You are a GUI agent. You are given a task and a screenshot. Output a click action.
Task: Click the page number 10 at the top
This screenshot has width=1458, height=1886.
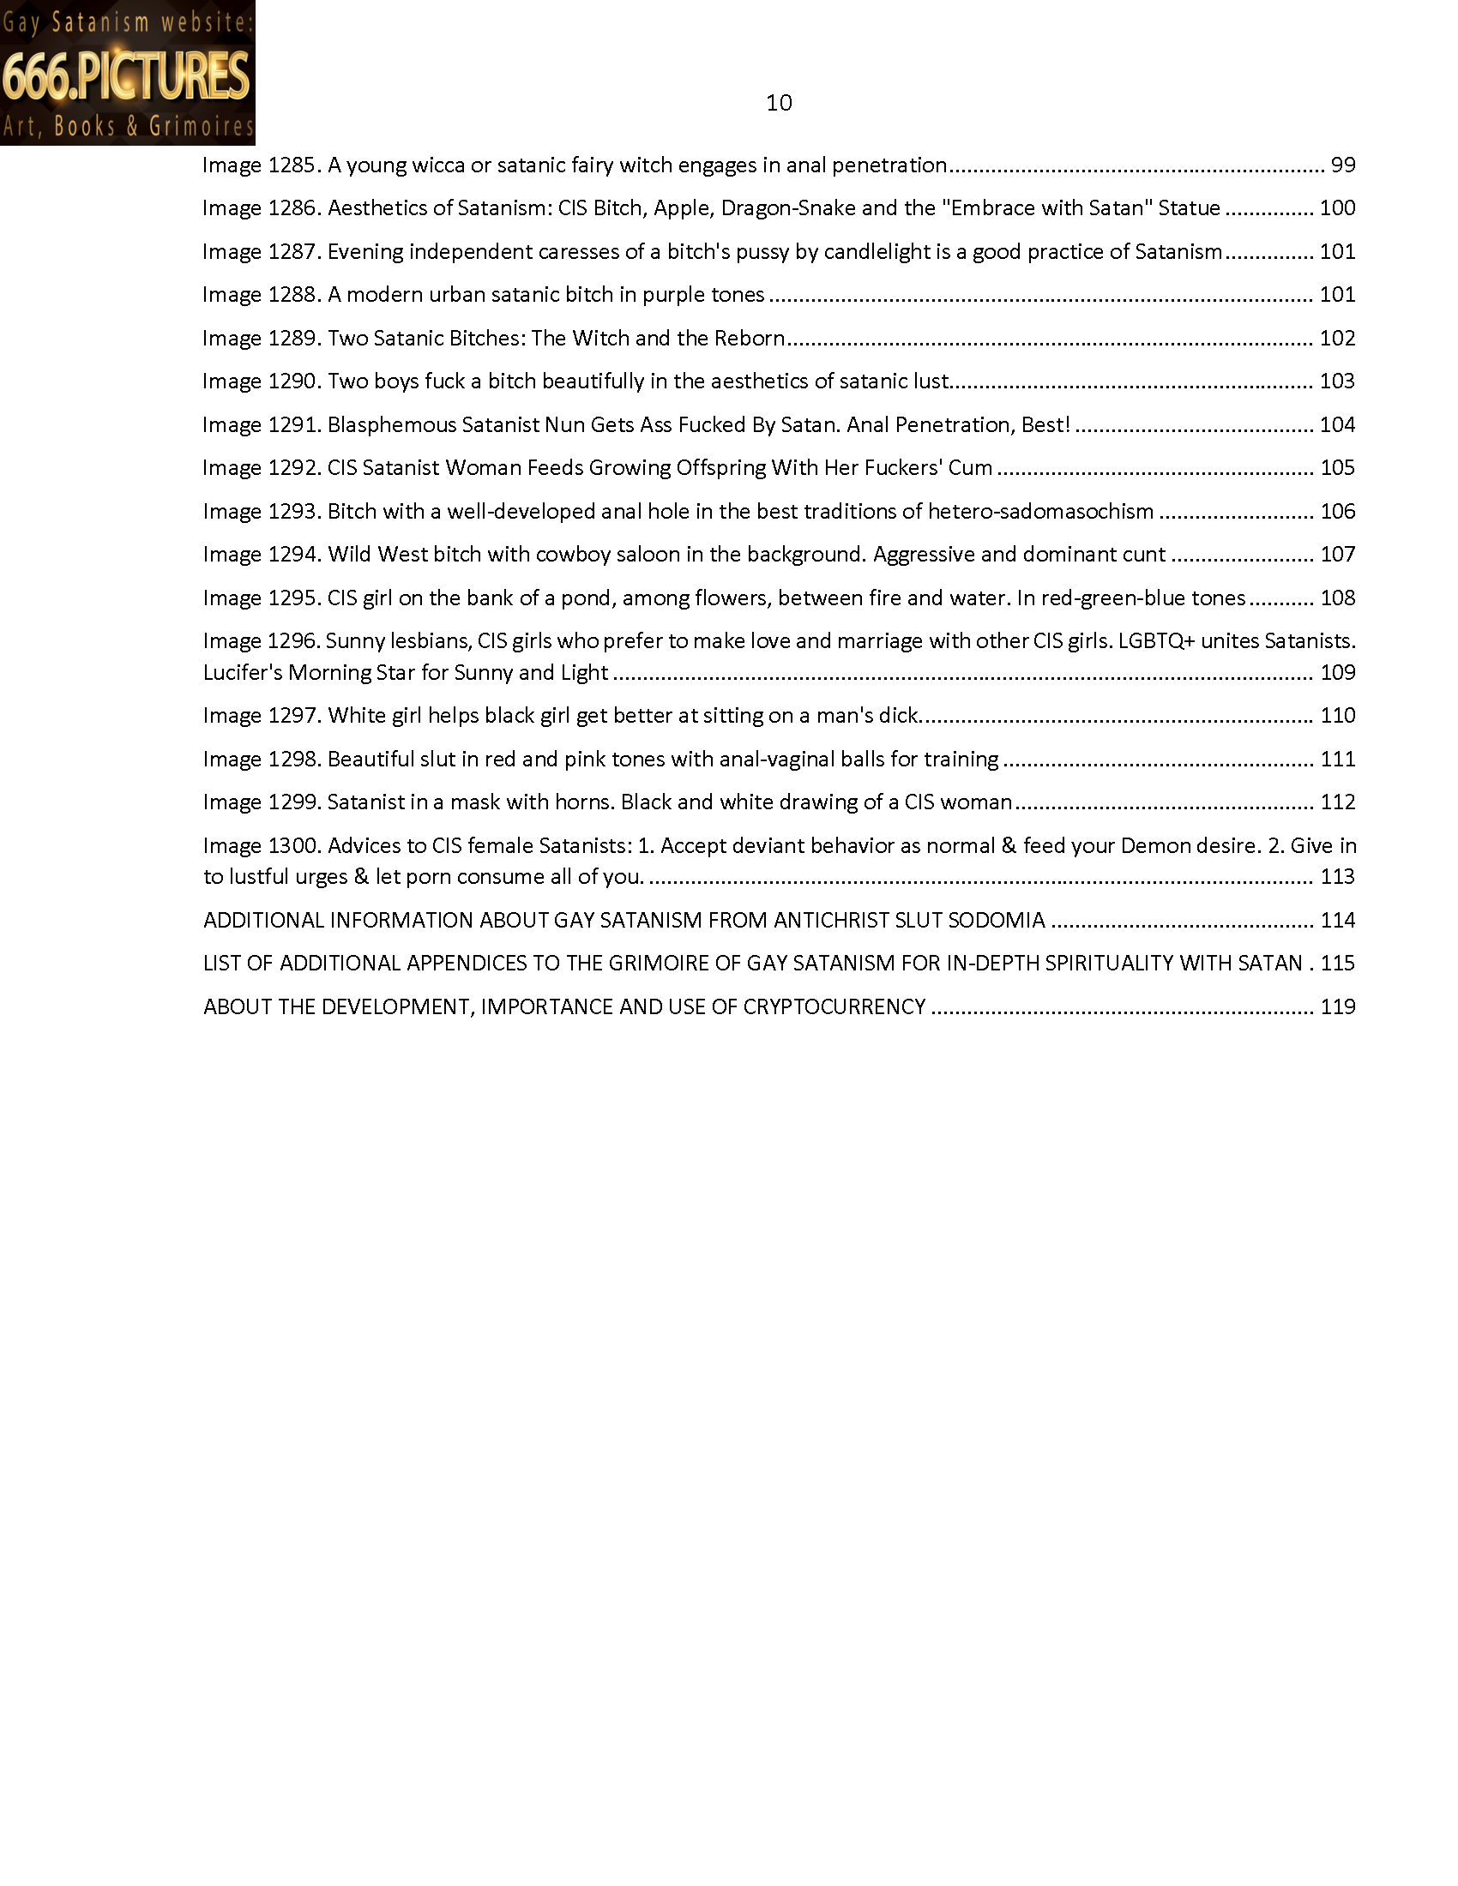point(778,103)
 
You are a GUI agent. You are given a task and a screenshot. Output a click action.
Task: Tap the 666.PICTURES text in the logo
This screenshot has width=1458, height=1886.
point(127,75)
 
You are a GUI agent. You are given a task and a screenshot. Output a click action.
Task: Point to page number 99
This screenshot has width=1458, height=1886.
point(1343,165)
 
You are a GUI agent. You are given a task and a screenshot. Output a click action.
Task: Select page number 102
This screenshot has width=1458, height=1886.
point(1337,338)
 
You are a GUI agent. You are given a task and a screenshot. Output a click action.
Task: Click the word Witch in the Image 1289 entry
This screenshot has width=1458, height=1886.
point(600,338)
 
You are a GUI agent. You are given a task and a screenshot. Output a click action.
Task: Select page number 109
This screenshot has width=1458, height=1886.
point(1337,672)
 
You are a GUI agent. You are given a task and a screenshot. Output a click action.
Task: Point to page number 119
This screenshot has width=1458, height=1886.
point(1337,1006)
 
